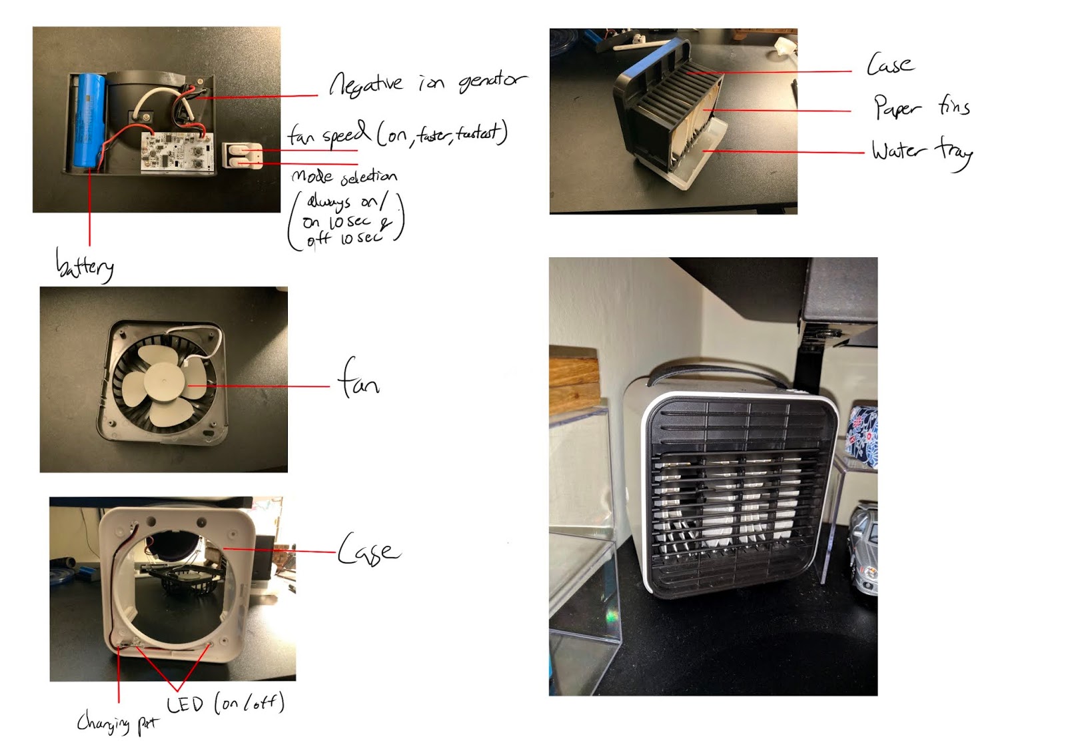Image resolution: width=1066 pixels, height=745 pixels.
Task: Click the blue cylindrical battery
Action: click(88, 120)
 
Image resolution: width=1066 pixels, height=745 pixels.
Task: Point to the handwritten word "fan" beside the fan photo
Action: click(358, 379)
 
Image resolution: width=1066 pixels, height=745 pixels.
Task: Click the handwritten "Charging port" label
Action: click(117, 722)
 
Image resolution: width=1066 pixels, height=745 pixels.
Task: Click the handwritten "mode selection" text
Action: click(344, 177)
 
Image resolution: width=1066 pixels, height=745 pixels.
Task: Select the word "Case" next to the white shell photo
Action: click(368, 550)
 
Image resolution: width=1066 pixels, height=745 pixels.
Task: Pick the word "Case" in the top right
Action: click(889, 65)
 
